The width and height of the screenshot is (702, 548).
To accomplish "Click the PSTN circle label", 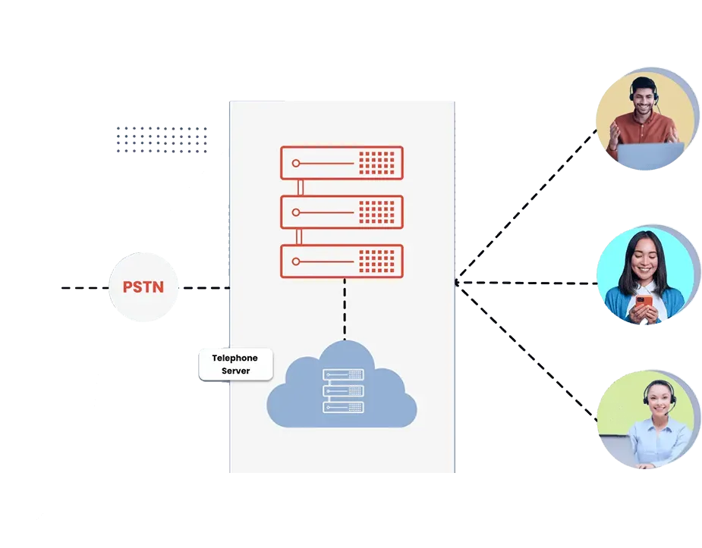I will tap(145, 288).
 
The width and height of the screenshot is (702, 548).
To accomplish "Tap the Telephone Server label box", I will tap(235, 365).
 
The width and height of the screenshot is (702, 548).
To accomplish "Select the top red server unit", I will tap(342, 163).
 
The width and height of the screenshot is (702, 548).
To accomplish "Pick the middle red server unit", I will tap(342, 212).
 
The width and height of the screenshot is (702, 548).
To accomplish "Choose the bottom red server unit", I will tap(342, 261).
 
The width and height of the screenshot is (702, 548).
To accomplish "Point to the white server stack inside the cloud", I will tap(343, 391).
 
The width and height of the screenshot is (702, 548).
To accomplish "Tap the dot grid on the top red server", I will tap(377, 163).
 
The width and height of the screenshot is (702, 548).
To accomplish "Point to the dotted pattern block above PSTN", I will tap(163, 141).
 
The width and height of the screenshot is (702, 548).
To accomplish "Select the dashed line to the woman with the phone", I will tap(531, 283).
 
